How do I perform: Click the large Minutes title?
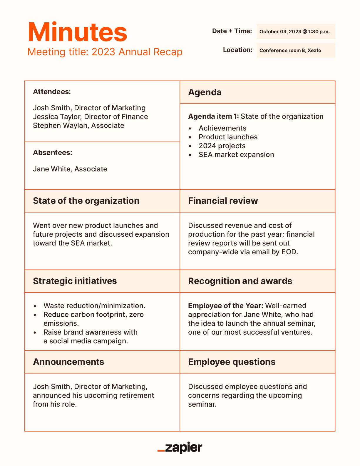pyautogui.click(x=77, y=32)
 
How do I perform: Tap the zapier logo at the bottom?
pyautogui.click(x=180, y=448)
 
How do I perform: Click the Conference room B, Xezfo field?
pyautogui.click(x=290, y=50)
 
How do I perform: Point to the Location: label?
pyautogui.click(x=237, y=50)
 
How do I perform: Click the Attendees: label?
pyautogui.click(x=52, y=92)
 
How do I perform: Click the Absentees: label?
pyautogui.click(x=53, y=153)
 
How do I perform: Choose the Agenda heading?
pyautogui.click(x=205, y=92)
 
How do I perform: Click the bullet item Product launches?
pyautogui.click(x=228, y=137)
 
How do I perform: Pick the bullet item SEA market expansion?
pyautogui.click(x=236, y=155)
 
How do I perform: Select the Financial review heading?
pyautogui.click(x=223, y=201)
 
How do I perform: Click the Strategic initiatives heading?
pyautogui.click(x=75, y=281)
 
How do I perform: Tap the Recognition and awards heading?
pyautogui.click(x=240, y=281)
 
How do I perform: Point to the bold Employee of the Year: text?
pyautogui.click(x=225, y=306)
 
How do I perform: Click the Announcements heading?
pyautogui.click(x=68, y=362)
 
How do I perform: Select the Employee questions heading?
pyautogui.click(x=232, y=362)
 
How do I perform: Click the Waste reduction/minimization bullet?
pyautogui.click(x=94, y=306)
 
